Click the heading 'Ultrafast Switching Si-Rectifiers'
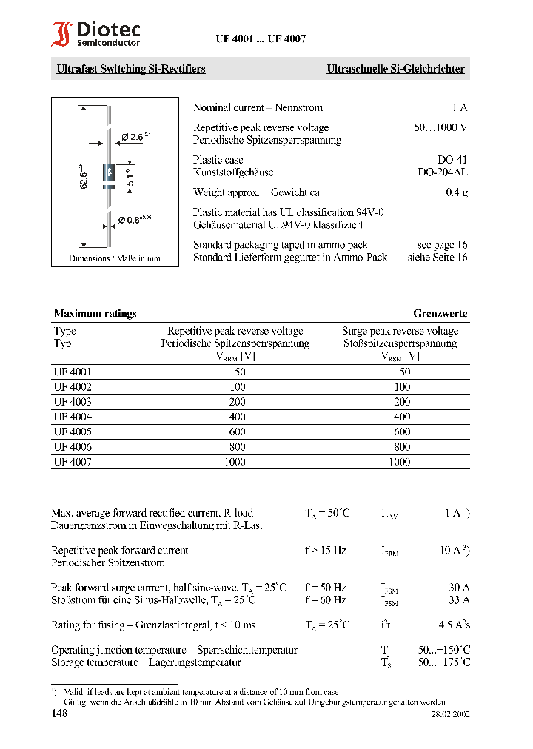click(131, 69)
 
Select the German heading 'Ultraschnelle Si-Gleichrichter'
click(395, 69)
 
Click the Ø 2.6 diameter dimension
click(135, 137)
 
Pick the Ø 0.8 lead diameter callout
click(134, 219)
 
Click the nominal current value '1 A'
click(459, 107)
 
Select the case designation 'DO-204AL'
click(443, 172)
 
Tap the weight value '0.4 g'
click(456, 192)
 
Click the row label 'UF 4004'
click(73, 417)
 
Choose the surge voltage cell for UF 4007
click(400, 462)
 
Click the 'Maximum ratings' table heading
click(95, 313)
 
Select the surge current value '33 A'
click(458, 599)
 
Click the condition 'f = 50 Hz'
click(325, 587)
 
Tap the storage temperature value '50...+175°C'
click(443, 662)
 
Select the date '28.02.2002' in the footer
click(450, 715)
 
